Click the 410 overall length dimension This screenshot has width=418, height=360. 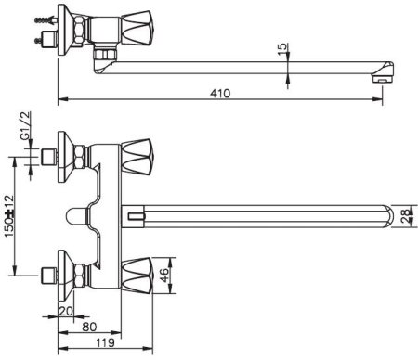220,94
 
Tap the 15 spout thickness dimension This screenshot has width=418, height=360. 282,49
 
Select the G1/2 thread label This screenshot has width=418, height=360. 26,125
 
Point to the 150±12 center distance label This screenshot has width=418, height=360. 9,215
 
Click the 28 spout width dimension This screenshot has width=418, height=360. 405,215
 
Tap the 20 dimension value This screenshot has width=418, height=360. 65,311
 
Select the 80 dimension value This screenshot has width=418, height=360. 89,327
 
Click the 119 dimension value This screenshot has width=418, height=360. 105,342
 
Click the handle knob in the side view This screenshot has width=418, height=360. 137,28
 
